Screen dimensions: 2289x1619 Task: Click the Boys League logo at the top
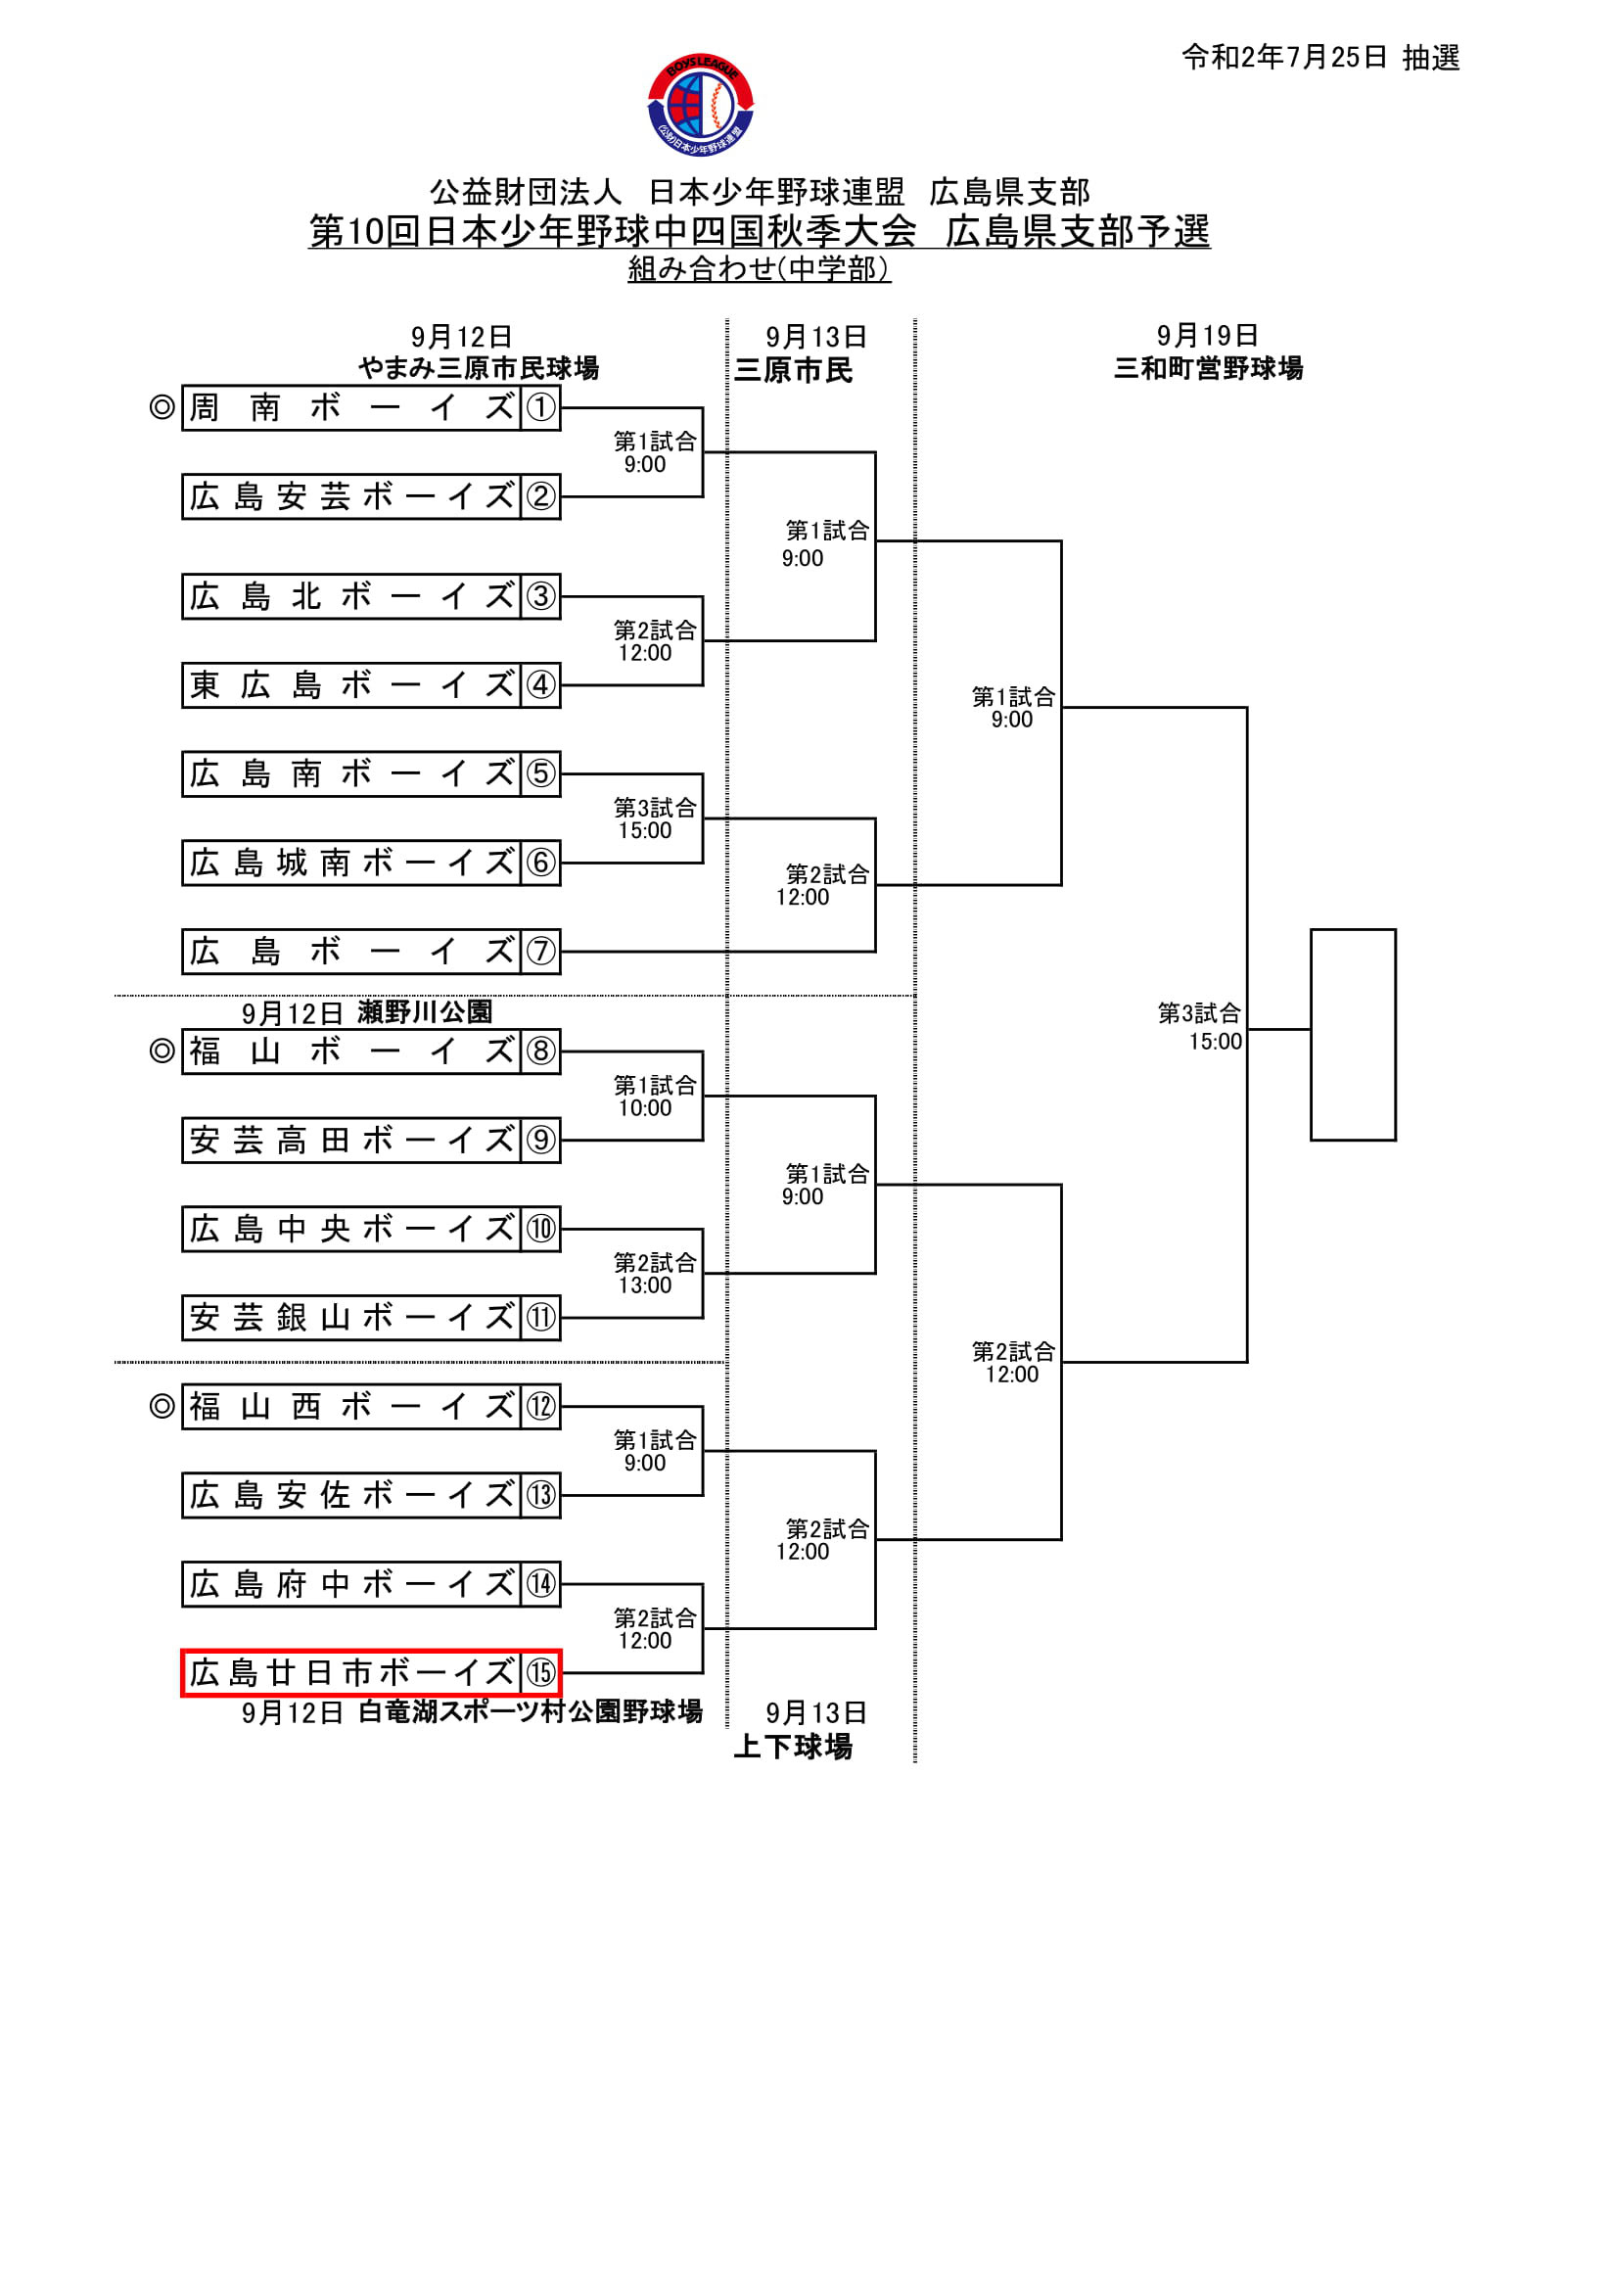coord(700,106)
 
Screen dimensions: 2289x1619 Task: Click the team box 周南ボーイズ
coord(351,407)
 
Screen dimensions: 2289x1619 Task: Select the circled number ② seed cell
coord(540,496)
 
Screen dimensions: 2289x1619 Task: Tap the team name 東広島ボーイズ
coord(351,686)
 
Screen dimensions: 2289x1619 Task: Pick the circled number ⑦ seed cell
coord(540,951)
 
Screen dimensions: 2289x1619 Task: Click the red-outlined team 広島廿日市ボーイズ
coord(351,1673)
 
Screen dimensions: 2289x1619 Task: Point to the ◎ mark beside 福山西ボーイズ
coord(162,1406)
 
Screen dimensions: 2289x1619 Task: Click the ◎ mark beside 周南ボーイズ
coord(162,407)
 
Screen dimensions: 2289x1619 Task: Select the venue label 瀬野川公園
coord(425,1012)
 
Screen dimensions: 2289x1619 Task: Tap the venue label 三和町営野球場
coord(1208,369)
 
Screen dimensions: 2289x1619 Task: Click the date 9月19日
coord(1207,336)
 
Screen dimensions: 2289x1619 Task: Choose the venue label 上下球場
coord(794,1747)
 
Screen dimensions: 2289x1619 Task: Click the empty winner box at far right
coord(1353,1034)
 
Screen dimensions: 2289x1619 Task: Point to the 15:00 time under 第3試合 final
coord(1216,1042)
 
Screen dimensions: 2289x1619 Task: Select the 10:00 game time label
coord(645,1107)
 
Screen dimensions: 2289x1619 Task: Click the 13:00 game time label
coord(645,1285)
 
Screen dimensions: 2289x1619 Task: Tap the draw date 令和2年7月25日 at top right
coord(1284,58)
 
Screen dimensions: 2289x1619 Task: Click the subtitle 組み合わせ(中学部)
coord(759,268)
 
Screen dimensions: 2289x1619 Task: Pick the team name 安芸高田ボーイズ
coord(351,1141)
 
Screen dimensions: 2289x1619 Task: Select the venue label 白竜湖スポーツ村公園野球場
coord(531,1711)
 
